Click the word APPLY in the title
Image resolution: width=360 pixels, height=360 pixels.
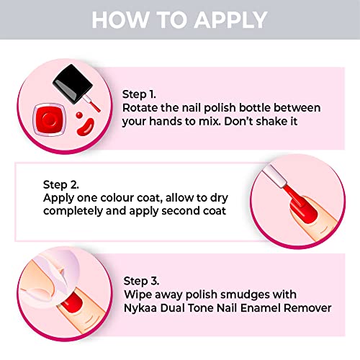[230, 19]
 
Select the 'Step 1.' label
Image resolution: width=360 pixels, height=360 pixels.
[139, 94]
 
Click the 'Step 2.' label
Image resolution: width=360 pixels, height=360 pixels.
[61, 185]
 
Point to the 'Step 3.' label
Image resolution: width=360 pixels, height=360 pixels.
[141, 282]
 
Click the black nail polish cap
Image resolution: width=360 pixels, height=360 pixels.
[73, 84]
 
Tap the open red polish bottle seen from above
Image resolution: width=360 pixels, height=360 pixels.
[50, 120]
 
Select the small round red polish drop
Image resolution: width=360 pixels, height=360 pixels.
[79, 115]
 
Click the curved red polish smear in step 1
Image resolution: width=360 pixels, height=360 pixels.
[86, 126]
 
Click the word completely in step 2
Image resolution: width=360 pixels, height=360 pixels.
[73, 212]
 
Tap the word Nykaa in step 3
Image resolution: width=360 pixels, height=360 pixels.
[140, 308]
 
